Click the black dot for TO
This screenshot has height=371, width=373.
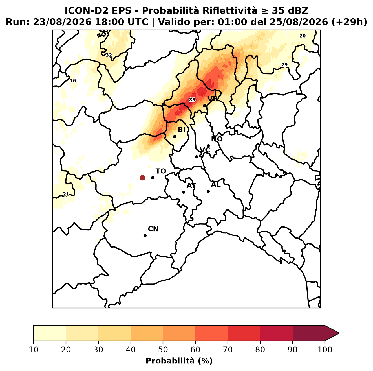pyautogui.click(x=153, y=178)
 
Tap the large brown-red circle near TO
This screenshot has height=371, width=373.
pyautogui.click(x=142, y=178)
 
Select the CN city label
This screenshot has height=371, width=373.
pyautogui.click(x=153, y=229)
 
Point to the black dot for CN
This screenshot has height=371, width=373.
pyautogui.click(x=145, y=236)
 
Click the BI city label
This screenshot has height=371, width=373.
pyautogui.click(x=181, y=130)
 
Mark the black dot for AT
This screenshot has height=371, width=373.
pyautogui.click(x=184, y=192)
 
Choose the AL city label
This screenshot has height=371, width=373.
pyautogui.click(x=216, y=185)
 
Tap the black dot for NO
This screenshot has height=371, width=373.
pyautogui.click(x=208, y=146)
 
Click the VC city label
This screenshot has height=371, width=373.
pyautogui.click(x=205, y=150)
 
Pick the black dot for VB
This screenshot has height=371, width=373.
pyautogui.click(x=205, y=106)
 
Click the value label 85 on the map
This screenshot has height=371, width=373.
pyautogui.click(x=192, y=100)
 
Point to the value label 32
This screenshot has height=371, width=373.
pyautogui.click(x=109, y=55)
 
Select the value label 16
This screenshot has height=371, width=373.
pyautogui.click(x=73, y=81)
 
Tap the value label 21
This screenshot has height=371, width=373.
pyautogui.click(x=66, y=194)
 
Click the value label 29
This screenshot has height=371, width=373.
pyautogui.click(x=284, y=65)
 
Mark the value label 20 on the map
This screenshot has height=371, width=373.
pyautogui.click(x=303, y=36)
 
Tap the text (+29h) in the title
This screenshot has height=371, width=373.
pyautogui.click(x=349, y=22)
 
